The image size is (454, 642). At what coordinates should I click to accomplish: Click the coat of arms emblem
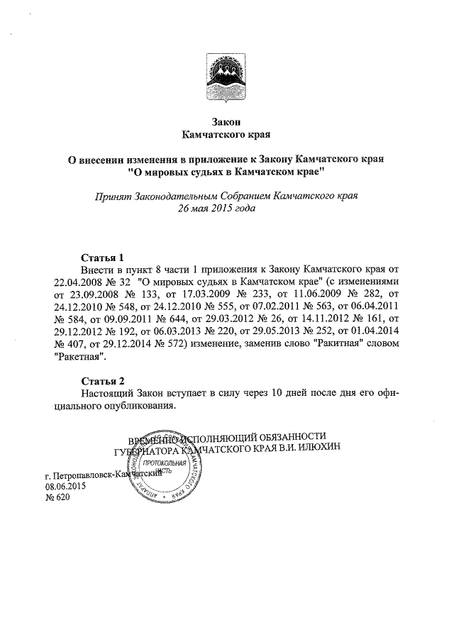pos(226,77)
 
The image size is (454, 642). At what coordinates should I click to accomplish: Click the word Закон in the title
pos(226,121)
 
